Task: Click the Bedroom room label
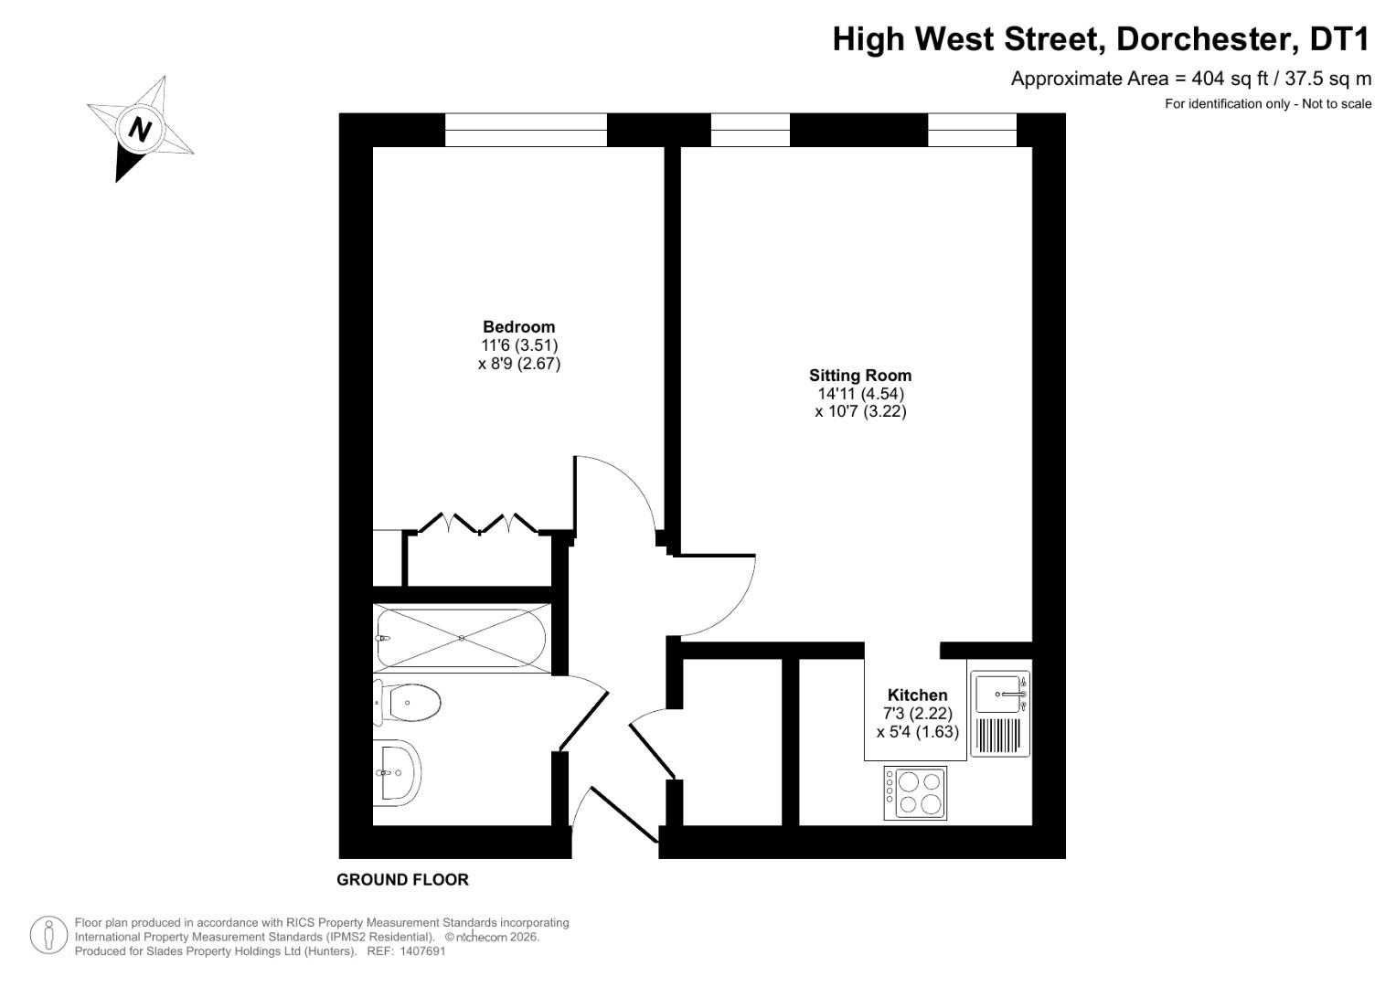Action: [518, 326]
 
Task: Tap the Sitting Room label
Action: [859, 375]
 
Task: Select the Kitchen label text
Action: [917, 695]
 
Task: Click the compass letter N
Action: [140, 129]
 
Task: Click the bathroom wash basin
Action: [398, 772]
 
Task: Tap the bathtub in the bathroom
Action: [462, 638]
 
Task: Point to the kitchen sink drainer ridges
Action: [998, 736]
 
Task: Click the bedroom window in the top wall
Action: [526, 130]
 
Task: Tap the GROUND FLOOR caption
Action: [402, 879]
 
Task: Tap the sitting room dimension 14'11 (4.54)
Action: [860, 393]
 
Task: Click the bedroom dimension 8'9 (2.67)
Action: [518, 363]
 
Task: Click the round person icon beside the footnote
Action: [49, 936]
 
